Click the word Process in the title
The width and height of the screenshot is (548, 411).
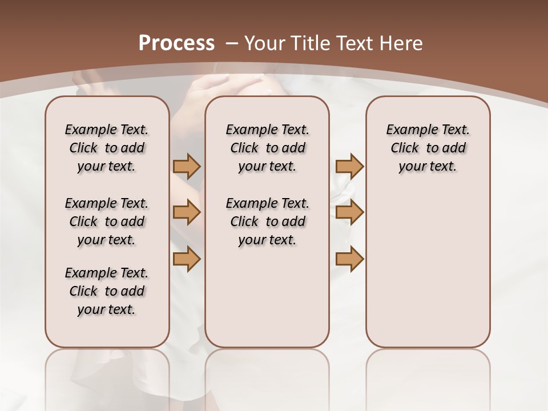(176, 43)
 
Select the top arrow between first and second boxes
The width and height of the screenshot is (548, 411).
(187, 166)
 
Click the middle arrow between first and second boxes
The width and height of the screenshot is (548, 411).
(187, 212)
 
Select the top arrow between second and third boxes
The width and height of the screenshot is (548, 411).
(349, 166)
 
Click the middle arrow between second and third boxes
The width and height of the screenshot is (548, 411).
(349, 212)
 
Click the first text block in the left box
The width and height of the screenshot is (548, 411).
(107, 148)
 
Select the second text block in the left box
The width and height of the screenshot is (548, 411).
(107, 221)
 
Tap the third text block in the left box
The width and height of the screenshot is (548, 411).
(107, 291)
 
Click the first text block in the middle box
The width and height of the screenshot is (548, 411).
(268, 148)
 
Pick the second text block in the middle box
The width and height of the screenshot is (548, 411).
(268, 221)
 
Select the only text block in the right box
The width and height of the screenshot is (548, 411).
(428, 148)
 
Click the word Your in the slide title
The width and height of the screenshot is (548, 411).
(265, 43)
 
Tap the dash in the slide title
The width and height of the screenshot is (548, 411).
(231, 43)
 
